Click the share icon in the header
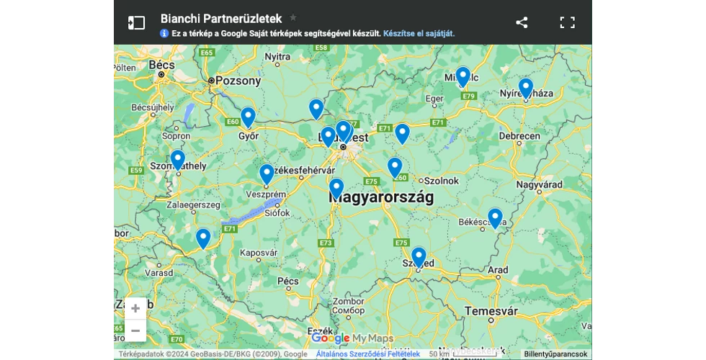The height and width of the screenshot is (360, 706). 522,22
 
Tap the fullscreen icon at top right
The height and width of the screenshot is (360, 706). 567,22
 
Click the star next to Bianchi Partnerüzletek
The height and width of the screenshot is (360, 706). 293,17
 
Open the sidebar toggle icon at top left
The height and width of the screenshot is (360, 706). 136,22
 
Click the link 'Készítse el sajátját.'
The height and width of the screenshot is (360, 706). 419,33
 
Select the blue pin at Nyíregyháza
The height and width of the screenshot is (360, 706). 526,88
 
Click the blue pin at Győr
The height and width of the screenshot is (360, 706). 248,117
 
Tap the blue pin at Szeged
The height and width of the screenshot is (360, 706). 419,257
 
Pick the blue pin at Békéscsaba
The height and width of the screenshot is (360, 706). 495,217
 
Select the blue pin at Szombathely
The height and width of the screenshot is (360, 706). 178,159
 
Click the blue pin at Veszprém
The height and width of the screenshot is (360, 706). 267,174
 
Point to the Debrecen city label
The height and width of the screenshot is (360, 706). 519,136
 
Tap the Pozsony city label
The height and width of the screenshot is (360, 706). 238,81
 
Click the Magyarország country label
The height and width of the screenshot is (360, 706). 382,197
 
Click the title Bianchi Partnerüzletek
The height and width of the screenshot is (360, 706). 221,19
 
